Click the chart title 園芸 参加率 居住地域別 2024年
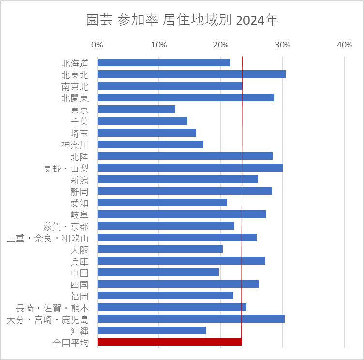[x=182, y=20]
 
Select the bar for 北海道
[x=164, y=63]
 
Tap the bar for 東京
[x=136, y=109]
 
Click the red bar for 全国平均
[x=169, y=342]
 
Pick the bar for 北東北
[x=191, y=74]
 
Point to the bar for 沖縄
[x=152, y=330]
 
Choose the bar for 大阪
[x=160, y=249]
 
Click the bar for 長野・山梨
[x=190, y=168]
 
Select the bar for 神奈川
[x=150, y=144]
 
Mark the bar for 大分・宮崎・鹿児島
[x=191, y=319]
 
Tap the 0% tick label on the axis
[x=97, y=45]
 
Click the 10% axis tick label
[x=159, y=45]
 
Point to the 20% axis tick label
[x=221, y=45]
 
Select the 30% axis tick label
[x=283, y=45]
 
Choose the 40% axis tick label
[x=345, y=45]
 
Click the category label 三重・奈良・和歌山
[x=48, y=237]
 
